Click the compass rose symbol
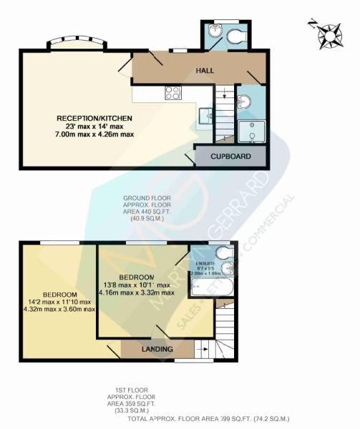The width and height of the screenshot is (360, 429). coord(329,34)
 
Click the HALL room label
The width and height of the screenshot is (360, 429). coord(207,71)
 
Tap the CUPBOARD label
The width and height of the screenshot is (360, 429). coord(230,156)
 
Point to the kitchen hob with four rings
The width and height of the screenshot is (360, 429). coord(173,92)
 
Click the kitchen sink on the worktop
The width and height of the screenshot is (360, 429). coord(208,113)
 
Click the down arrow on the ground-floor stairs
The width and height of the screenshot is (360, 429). coord(224,94)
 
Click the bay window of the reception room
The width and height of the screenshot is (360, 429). coord(78,43)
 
